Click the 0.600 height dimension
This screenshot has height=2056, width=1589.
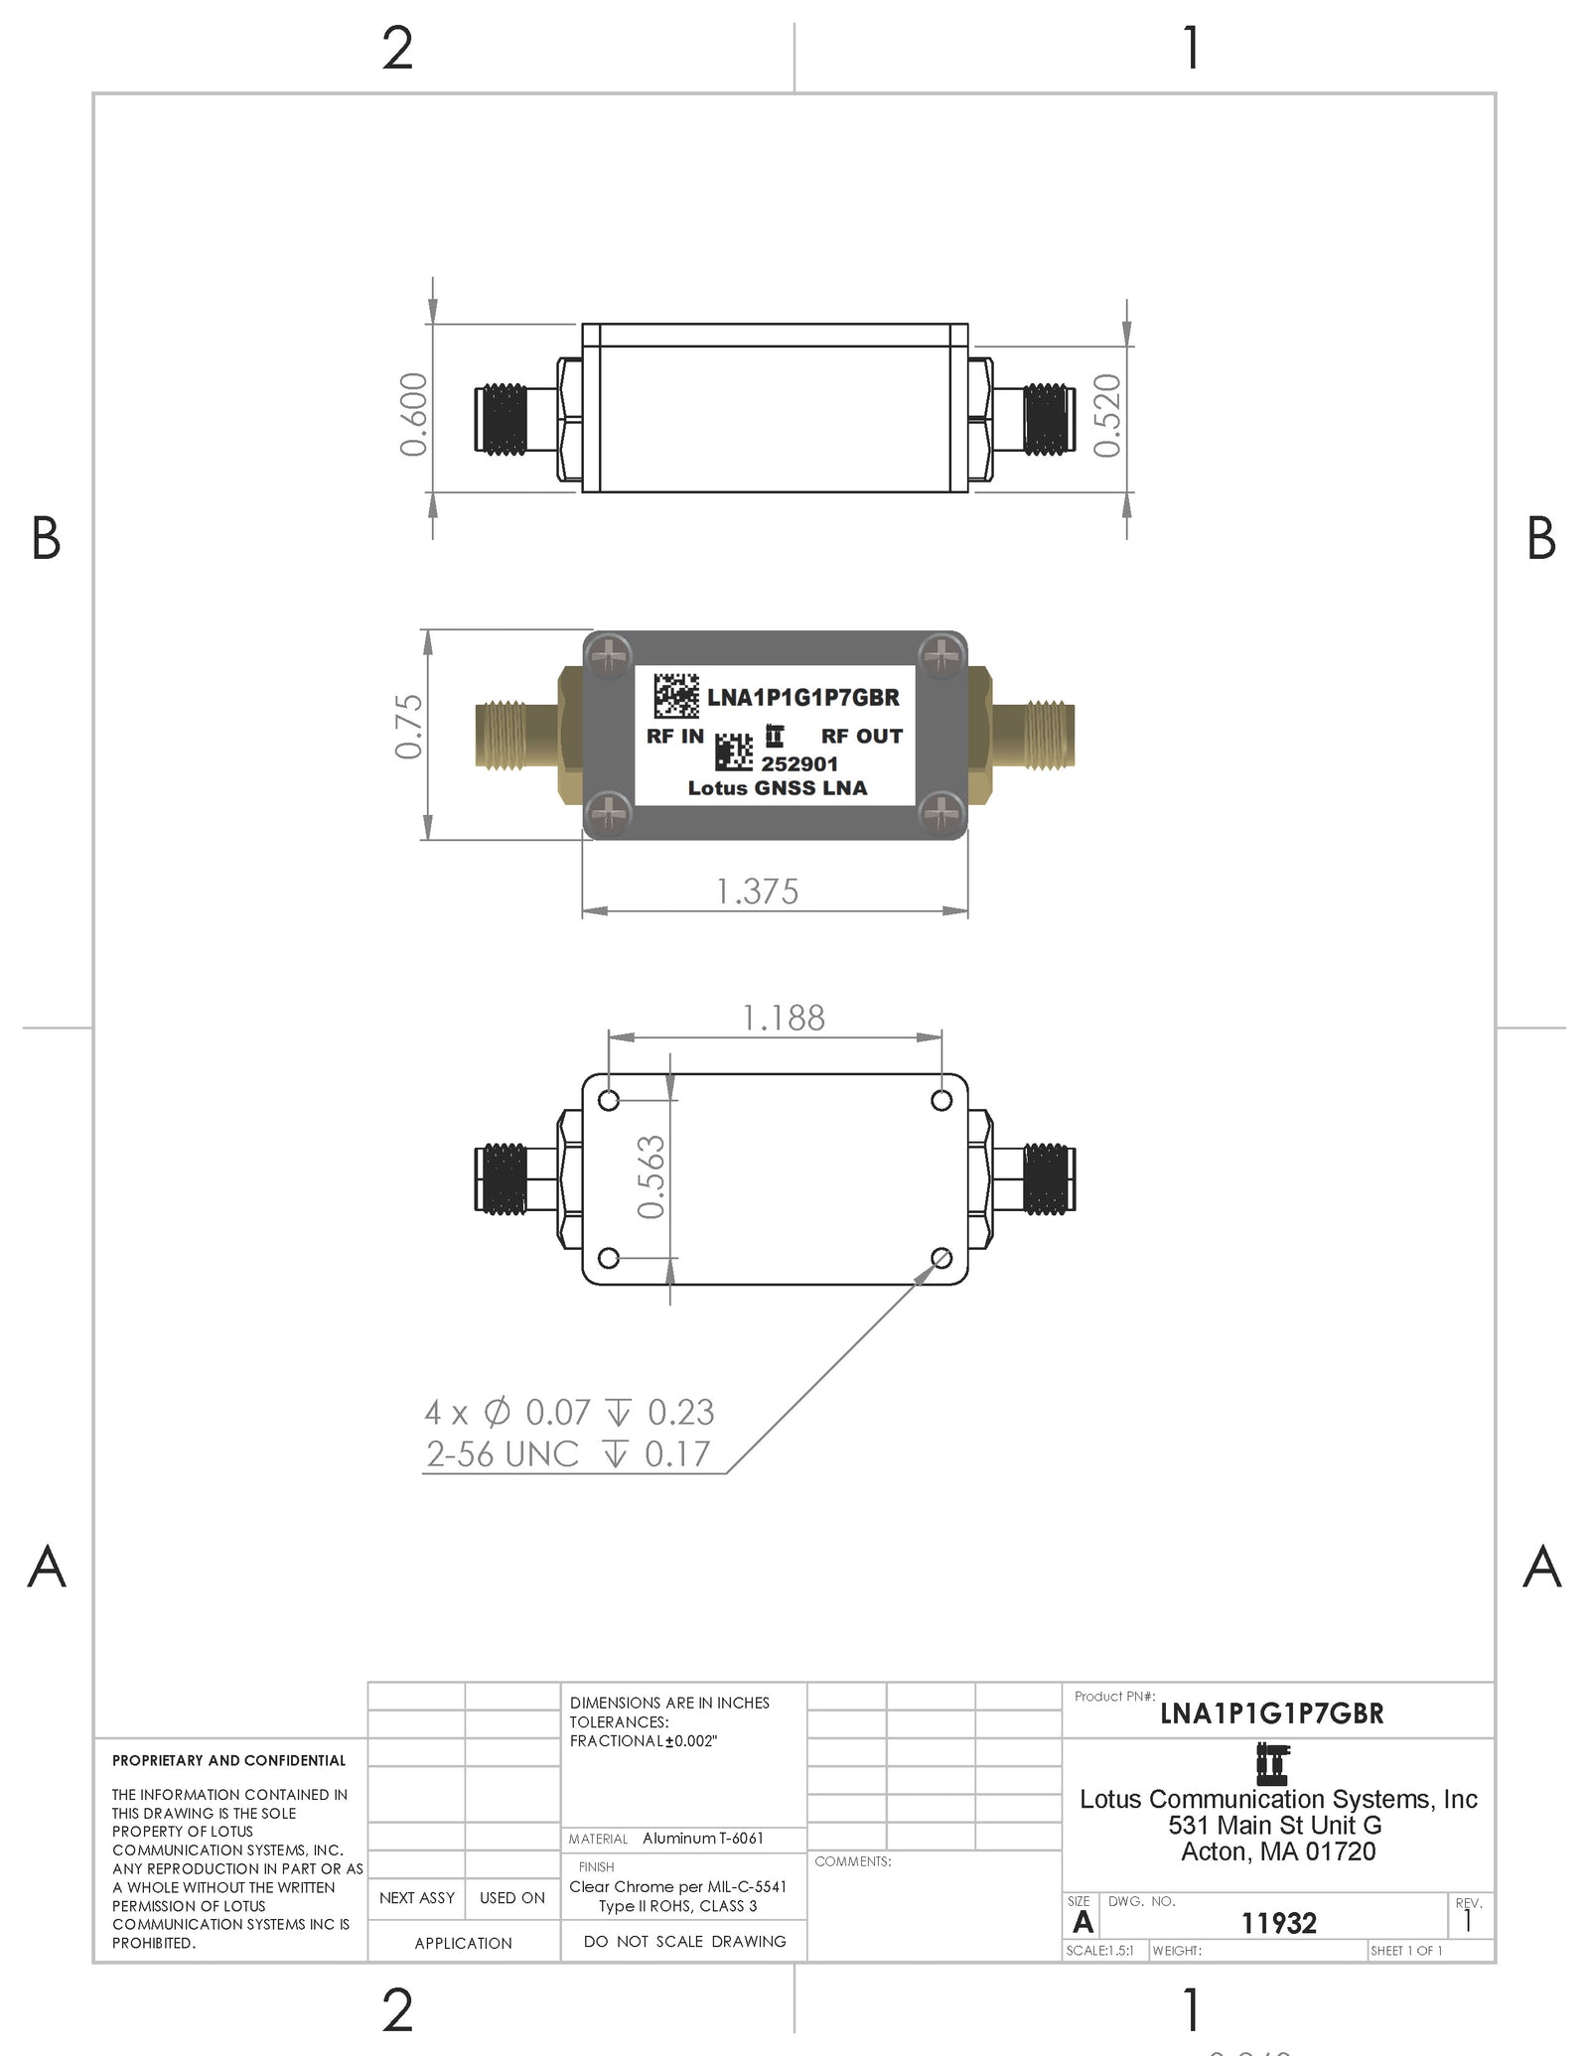(413, 415)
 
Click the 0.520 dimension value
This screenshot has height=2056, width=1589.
(1106, 416)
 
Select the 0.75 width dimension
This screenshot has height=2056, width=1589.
(409, 727)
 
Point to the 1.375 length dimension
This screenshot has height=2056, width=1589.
(757, 891)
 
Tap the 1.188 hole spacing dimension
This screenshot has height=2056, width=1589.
(784, 1018)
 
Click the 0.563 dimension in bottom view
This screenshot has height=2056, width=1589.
(650, 1177)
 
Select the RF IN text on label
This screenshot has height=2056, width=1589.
(674, 737)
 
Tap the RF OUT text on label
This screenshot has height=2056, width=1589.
(861, 737)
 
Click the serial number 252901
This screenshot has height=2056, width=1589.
(799, 764)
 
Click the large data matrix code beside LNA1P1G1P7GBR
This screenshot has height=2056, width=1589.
(675, 696)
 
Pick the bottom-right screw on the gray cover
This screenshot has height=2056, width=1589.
(940, 813)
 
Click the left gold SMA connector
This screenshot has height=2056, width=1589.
(516, 735)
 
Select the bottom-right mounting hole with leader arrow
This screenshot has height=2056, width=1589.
(941, 1259)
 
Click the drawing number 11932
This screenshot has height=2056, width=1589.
(1278, 1924)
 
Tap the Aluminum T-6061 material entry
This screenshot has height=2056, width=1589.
(702, 1839)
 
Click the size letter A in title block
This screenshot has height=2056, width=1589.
(1083, 1923)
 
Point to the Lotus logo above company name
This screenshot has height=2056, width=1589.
(1271, 1765)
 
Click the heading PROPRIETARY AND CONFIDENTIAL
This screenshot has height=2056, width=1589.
(228, 1760)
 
